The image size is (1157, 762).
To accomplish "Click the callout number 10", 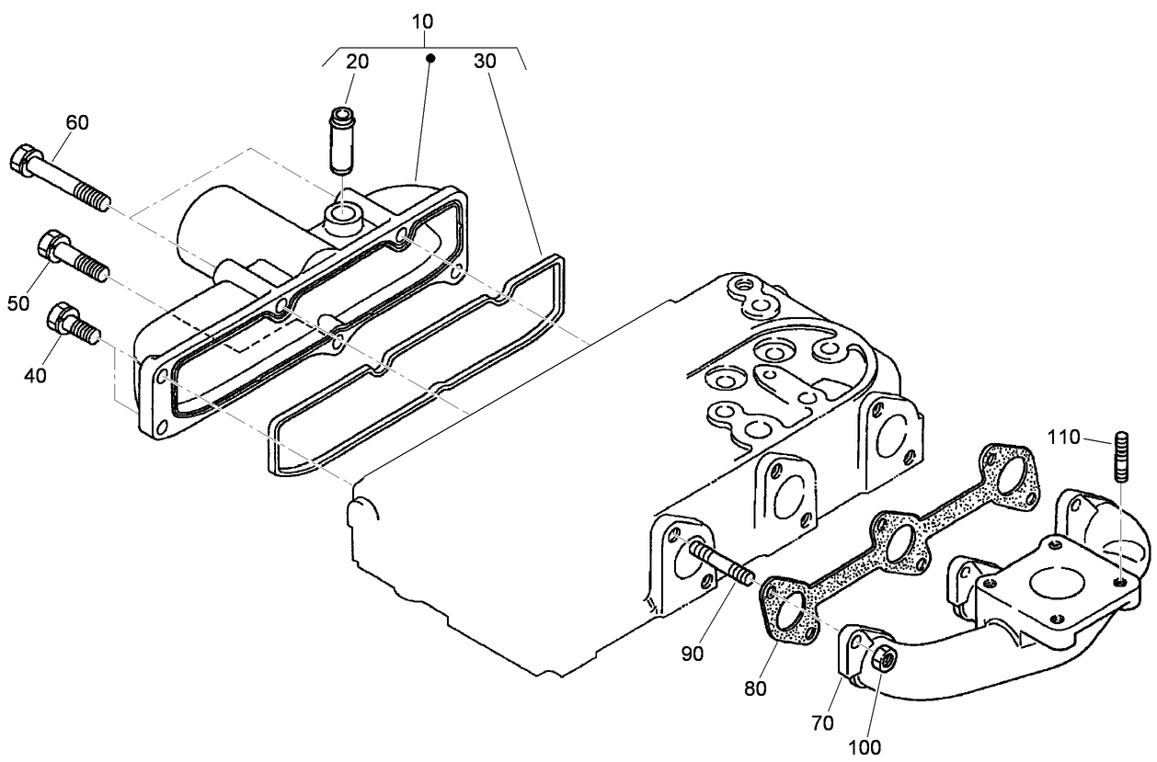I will [424, 19].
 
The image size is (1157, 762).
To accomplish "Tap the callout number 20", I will [357, 62].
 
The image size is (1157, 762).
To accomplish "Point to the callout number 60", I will [77, 123].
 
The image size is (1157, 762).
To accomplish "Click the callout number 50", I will [19, 303].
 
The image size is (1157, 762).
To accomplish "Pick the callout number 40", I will [36, 374].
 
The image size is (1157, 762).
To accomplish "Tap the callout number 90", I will [692, 654].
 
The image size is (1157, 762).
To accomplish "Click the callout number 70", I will [822, 723].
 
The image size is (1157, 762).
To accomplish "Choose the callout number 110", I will [1068, 439].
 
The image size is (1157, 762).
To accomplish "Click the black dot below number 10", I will [430, 58].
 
